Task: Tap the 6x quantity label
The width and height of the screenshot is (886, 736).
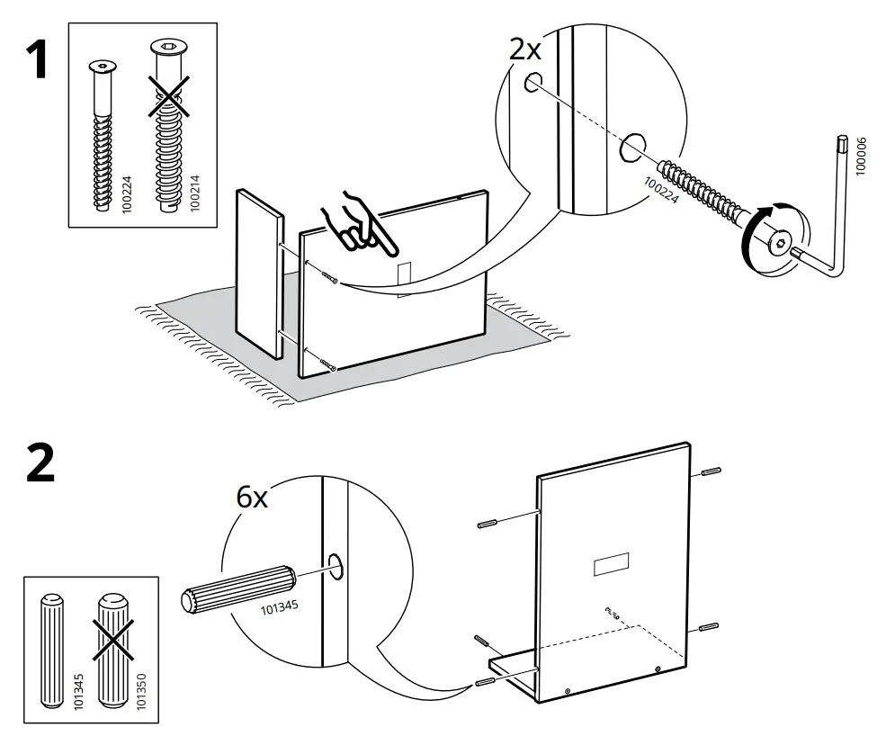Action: [252, 497]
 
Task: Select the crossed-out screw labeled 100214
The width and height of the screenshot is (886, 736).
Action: [168, 126]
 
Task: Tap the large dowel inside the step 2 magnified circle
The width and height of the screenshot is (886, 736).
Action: [233, 588]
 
